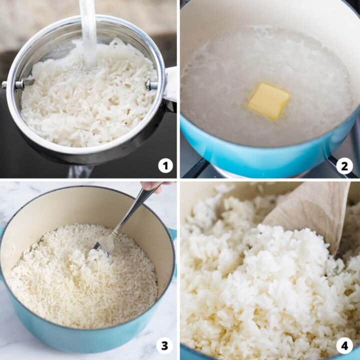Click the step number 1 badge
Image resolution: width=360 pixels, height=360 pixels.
[165, 165]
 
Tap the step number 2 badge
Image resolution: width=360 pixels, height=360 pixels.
[344, 165]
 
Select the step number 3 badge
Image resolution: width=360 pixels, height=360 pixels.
[165, 345]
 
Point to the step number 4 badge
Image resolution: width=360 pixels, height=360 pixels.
[344, 345]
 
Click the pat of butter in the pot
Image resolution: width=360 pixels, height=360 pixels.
[268, 100]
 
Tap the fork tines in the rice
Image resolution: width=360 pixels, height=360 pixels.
[104, 244]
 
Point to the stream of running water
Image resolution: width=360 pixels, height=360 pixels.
[88, 30]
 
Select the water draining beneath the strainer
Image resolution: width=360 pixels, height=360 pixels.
[80, 171]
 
